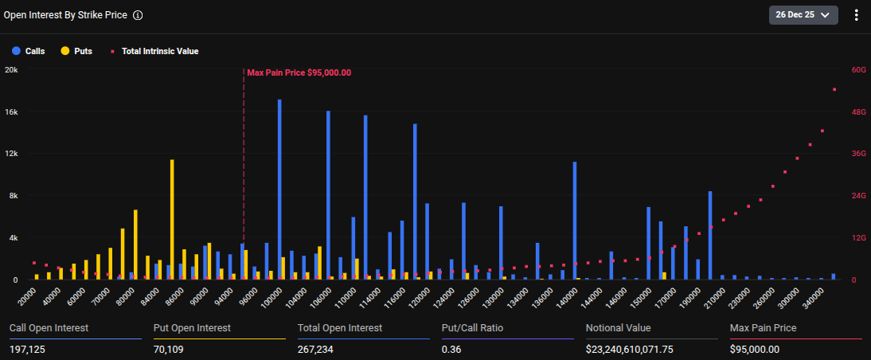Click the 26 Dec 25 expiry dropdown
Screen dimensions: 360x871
pos(803,15)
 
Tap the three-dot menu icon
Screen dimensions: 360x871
pos(857,15)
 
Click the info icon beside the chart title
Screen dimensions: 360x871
pos(138,15)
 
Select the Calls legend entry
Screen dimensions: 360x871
pos(29,51)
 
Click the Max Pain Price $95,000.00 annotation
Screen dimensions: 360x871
pos(299,72)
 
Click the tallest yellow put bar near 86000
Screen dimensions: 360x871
pos(172,219)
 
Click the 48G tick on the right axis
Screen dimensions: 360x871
pos(858,112)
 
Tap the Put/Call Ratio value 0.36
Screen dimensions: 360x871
pos(451,349)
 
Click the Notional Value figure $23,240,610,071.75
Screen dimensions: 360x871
pos(630,349)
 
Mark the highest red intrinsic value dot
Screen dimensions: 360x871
pos(834,89)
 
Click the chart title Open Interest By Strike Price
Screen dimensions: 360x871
pos(65,15)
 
